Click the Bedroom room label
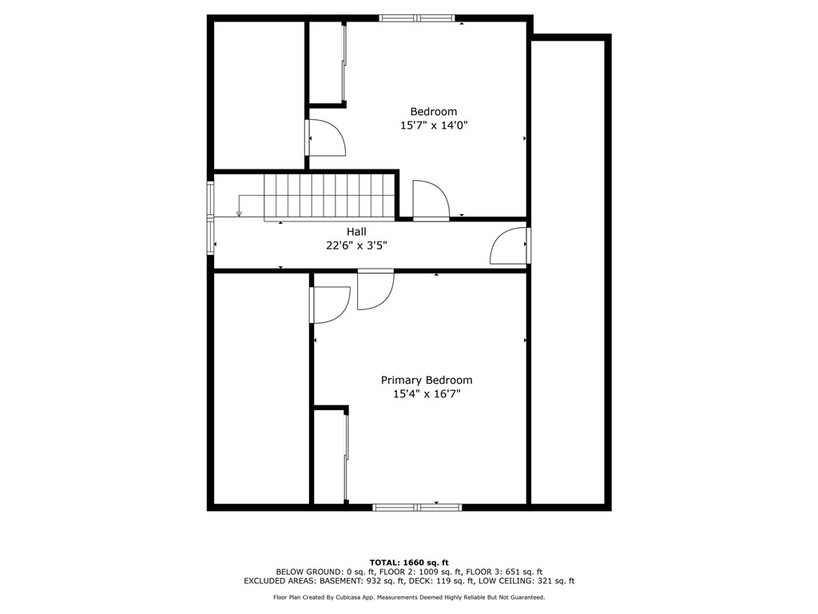point(434,112)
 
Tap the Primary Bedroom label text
point(427,381)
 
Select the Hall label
point(356,232)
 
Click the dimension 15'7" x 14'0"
point(434,126)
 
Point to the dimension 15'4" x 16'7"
point(427,394)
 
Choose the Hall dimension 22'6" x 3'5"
point(356,245)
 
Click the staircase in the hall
point(330,196)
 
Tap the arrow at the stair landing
point(239,213)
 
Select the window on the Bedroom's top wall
point(416,18)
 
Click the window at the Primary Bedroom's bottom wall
point(417,507)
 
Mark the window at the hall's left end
point(211,218)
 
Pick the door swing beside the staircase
point(431,200)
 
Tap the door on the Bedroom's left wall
point(325,138)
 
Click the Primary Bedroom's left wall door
point(330,305)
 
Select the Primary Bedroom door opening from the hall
point(375,289)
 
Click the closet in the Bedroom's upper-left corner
point(327,62)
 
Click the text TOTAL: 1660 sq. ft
point(409,562)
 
